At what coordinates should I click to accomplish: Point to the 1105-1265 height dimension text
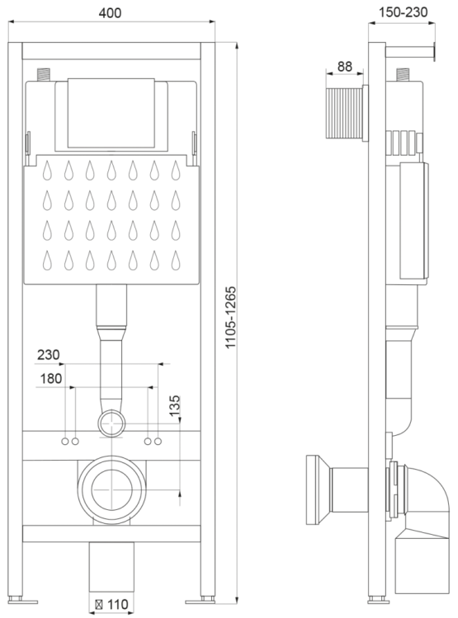(x=232, y=318)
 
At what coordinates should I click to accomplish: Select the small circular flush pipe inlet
(x=111, y=425)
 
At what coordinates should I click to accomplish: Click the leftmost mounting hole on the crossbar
(x=64, y=442)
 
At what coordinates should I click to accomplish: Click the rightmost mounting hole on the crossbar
(x=158, y=442)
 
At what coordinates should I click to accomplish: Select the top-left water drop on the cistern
(x=47, y=170)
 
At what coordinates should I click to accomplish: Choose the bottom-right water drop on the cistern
(x=175, y=261)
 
